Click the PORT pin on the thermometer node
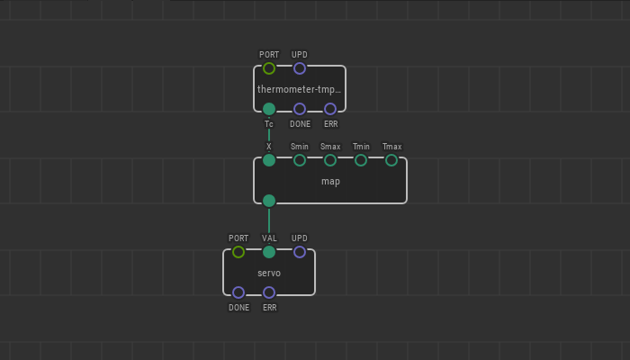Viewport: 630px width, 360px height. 269,68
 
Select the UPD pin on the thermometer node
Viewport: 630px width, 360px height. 300,68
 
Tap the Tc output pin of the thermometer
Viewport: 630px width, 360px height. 269,109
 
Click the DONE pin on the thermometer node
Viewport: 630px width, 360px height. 300,109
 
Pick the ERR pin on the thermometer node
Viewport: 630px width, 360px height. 330,109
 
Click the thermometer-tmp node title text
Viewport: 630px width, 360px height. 299,89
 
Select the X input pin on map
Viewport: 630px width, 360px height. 269,160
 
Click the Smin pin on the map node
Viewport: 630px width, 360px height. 300,160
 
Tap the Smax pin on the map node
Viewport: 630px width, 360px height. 330,160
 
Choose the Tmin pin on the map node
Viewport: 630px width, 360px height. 361,160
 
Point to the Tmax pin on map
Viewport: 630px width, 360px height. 391,160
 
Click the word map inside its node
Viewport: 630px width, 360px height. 330,181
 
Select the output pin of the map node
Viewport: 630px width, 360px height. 269,201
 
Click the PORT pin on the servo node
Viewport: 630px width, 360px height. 238,252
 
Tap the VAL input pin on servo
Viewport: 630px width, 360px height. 269,252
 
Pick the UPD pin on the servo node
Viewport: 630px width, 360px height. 300,252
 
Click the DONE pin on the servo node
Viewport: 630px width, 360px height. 238,292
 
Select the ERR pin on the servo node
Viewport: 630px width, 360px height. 269,292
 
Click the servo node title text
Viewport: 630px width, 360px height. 269,273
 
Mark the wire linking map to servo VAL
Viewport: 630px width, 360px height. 269,226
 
